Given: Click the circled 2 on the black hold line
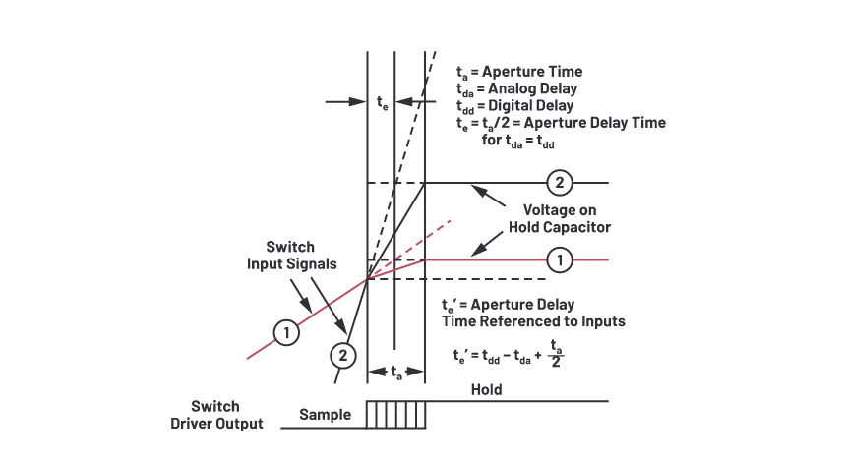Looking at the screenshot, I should [x=559, y=183].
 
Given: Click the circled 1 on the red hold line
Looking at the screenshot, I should [x=559, y=259].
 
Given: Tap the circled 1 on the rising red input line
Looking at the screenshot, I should [x=285, y=333].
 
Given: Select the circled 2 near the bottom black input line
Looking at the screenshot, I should [x=340, y=355].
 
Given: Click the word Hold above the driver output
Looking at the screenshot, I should [x=486, y=389].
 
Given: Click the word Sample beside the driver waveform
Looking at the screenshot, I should [x=325, y=415].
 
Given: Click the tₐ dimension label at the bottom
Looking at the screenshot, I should [x=394, y=373].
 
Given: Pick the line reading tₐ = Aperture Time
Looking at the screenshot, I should [x=519, y=72].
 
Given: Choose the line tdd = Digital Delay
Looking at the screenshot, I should [x=515, y=105].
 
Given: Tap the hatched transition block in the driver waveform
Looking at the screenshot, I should [x=396, y=414].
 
